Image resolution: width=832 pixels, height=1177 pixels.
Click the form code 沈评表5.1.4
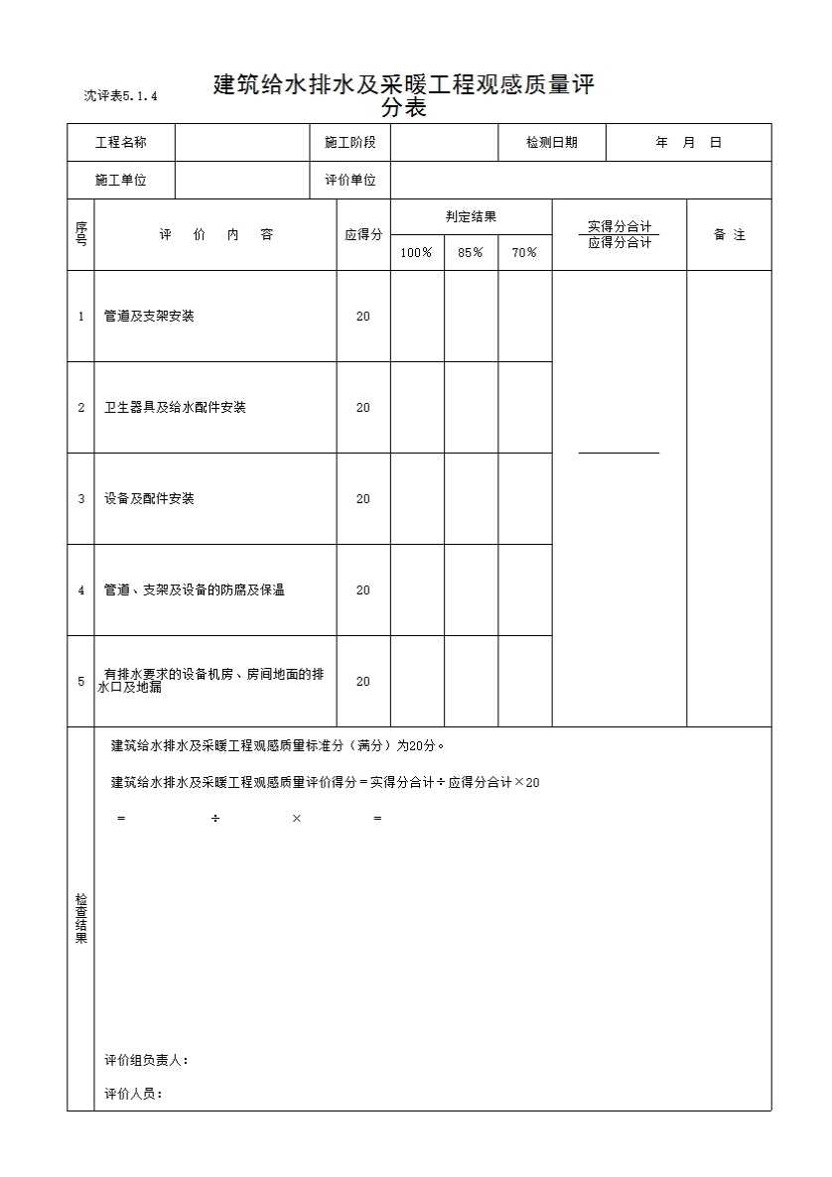pyautogui.click(x=121, y=96)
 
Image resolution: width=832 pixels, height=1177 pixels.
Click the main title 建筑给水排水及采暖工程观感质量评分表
pyautogui.click(x=404, y=96)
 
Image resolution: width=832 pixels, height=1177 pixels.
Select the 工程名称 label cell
pyautogui.click(x=121, y=143)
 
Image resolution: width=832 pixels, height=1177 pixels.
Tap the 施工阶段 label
pyautogui.click(x=350, y=143)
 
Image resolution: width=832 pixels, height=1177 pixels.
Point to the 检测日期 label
pyautogui.click(x=551, y=143)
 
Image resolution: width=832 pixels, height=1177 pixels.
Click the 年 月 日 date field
pyautogui.click(x=688, y=143)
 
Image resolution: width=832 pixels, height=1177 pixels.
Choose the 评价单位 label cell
pyautogui.click(x=350, y=181)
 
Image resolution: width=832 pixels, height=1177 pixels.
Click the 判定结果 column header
pyautogui.click(x=471, y=217)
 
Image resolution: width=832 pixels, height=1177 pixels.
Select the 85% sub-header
pyautogui.click(x=471, y=253)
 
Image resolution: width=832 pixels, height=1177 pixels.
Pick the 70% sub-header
pyautogui.click(x=524, y=253)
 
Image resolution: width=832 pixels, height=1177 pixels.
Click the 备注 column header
pyautogui.click(x=729, y=235)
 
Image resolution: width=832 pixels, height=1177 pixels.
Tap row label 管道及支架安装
pyautogui.click(x=149, y=317)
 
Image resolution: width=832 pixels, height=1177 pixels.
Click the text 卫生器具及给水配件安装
pyautogui.click(x=175, y=408)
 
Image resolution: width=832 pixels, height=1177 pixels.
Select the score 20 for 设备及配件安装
pyautogui.click(x=362, y=499)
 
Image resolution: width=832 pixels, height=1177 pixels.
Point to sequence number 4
pyautogui.click(x=81, y=590)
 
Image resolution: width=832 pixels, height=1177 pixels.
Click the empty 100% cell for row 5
pyautogui.click(x=417, y=682)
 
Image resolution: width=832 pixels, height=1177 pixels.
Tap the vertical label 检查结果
pyautogui.click(x=81, y=918)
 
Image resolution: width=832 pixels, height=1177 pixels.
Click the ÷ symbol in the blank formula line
pyautogui.click(x=215, y=819)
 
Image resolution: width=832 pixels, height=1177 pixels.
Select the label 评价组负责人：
pyautogui.click(x=146, y=1061)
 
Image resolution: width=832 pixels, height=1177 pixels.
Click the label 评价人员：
pyautogui.click(x=133, y=1095)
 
